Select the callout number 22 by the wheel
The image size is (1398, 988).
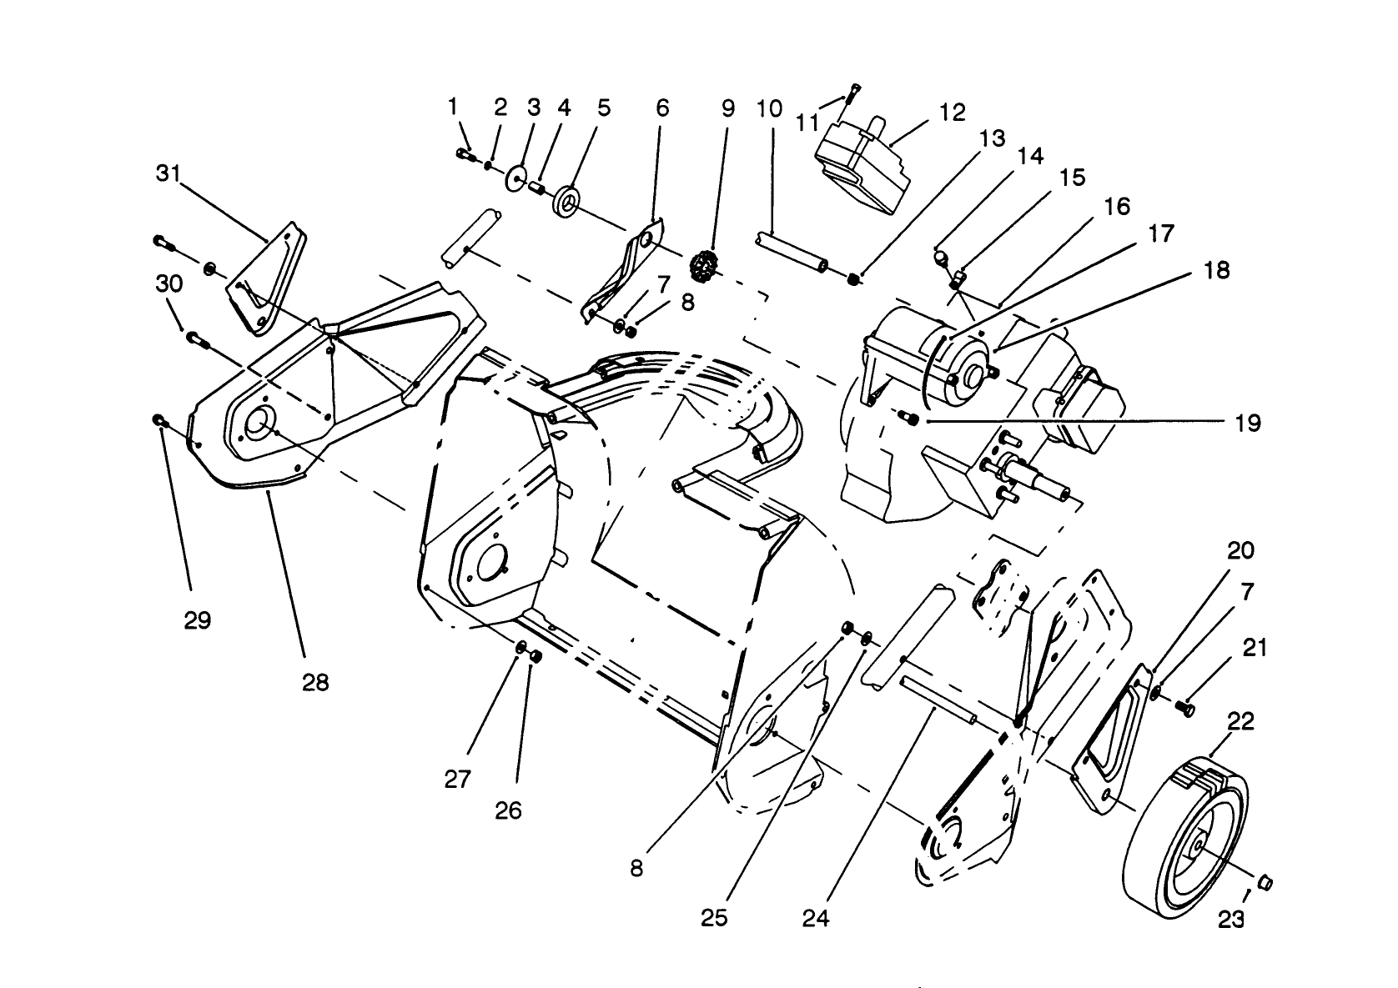click(x=1241, y=720)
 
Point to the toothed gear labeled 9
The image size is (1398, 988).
click(x=705, y=268)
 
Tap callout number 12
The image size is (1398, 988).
click(x=952, y=113)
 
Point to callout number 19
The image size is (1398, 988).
click(x=1248, y=423)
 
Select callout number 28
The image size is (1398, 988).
click(x=316, y=683)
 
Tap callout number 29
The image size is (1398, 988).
click(x=198, y=620)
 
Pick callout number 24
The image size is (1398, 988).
click(x=817, y=918)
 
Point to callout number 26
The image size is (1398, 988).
click(x=508, y=810)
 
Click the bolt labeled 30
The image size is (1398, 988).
click(x=196, y=338)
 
